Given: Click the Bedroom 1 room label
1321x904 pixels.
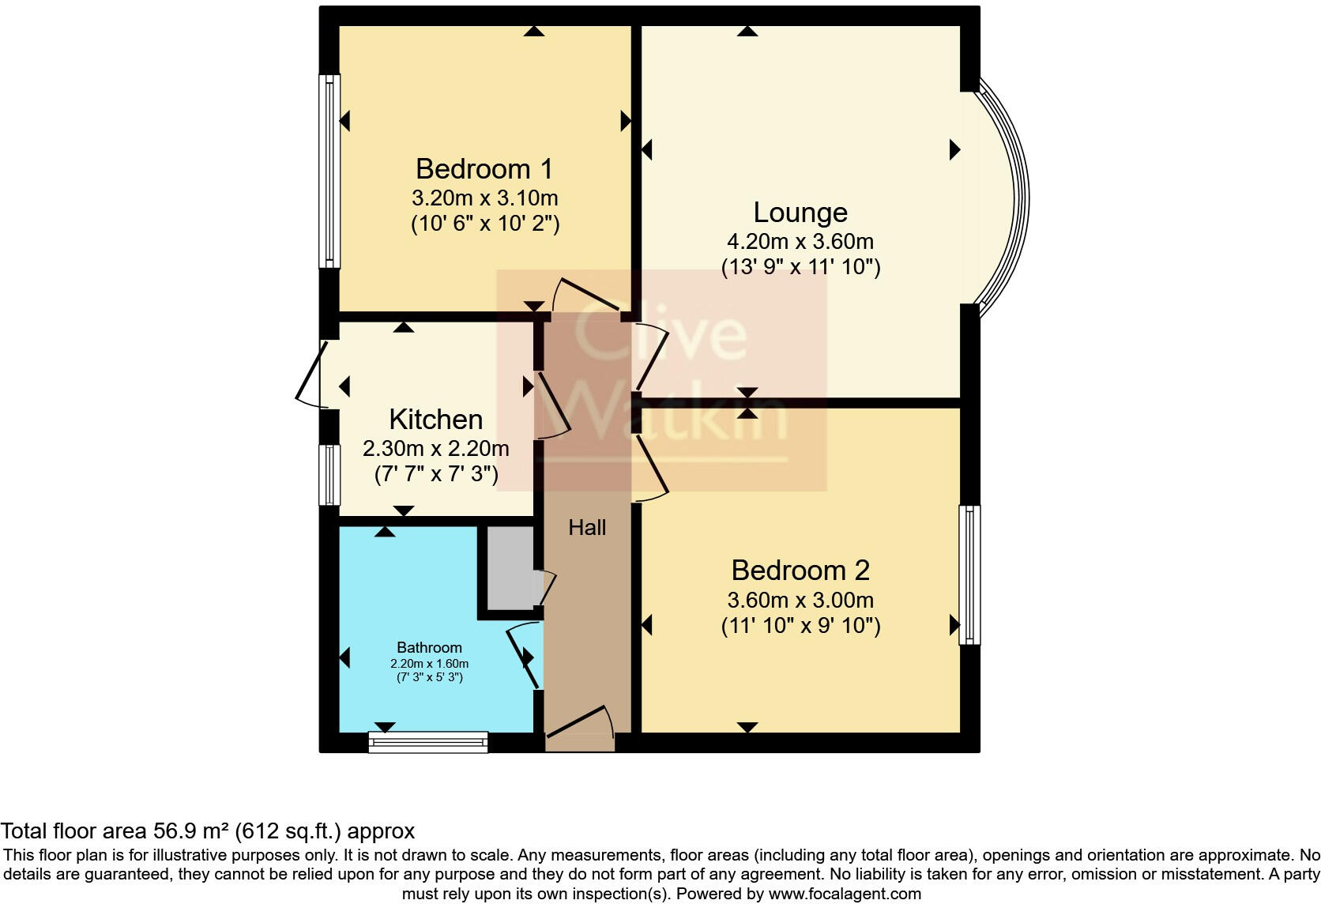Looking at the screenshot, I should click(484, 169).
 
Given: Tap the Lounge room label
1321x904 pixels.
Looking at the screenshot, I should click(800, 213).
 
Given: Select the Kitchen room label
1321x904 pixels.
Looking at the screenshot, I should click(436, 420).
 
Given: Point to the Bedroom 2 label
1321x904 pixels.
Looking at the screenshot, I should click(800, 571).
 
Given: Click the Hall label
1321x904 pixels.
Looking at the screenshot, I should click(587, 528).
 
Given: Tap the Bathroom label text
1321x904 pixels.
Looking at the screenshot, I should click(429, 648).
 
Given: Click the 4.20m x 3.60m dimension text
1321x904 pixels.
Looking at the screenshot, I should click(800, 242).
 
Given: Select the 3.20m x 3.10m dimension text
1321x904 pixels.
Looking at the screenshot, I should click(484, 198).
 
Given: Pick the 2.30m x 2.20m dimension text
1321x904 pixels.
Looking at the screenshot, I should click(436, 449).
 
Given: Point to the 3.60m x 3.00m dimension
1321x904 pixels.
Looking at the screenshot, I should click(800, 601).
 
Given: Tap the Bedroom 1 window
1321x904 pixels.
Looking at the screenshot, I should click(329, 171).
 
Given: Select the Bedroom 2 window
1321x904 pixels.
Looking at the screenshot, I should click(969, 574).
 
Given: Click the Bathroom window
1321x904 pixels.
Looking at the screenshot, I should click(428, 741).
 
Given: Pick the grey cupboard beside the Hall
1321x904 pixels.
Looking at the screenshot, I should click(510, 567).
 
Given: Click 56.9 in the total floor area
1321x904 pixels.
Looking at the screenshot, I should click(174, 831).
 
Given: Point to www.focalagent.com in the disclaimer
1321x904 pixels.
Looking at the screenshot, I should click(845, 894).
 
